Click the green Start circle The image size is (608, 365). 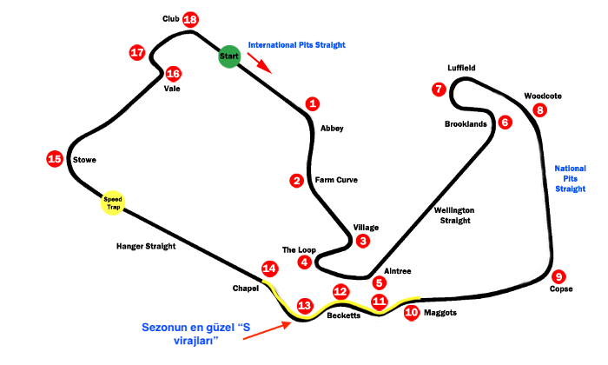[228, 56]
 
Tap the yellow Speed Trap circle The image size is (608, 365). [113, 202]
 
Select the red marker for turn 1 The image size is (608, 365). [313, 103]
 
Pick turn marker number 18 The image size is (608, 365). [190, 20]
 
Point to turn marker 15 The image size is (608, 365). [55, 158]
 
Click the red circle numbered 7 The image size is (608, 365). [439, 89]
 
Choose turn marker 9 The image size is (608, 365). [558, 276]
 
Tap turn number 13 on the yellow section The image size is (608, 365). [304, 306]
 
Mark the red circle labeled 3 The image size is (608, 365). [363, 241]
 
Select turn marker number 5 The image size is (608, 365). [379, 282]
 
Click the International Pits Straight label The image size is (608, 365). [296, 44]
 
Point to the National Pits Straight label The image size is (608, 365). [570, 178]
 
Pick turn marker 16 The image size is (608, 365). [173, 74]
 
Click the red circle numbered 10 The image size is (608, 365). [412, 312]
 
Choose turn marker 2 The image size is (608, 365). [297, 181]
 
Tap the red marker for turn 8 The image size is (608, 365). [540, 110]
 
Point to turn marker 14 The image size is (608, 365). [269, 269]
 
